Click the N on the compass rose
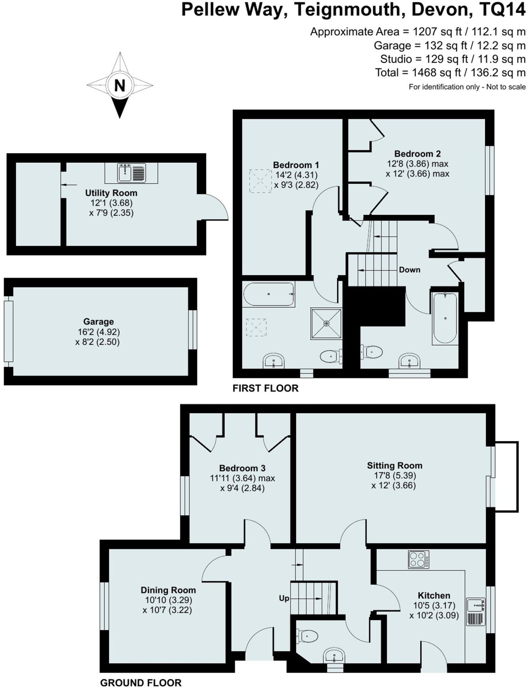[x=120, y=86]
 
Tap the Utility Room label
[x=111, y=193]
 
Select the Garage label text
[x=98, y=321]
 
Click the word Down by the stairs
[x=409, y=270]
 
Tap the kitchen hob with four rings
[x=419, y=560]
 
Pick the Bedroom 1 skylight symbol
[x=260, y=181]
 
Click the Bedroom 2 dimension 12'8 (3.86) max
[x=418, y=164]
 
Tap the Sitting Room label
[x=394, y=466]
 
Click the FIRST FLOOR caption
[x=265, y=388]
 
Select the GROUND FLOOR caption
[x=141, y=683]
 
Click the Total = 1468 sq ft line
[x=450, y=73]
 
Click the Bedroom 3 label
[x=242, y=468]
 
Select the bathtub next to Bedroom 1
[x=269, y=294]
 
